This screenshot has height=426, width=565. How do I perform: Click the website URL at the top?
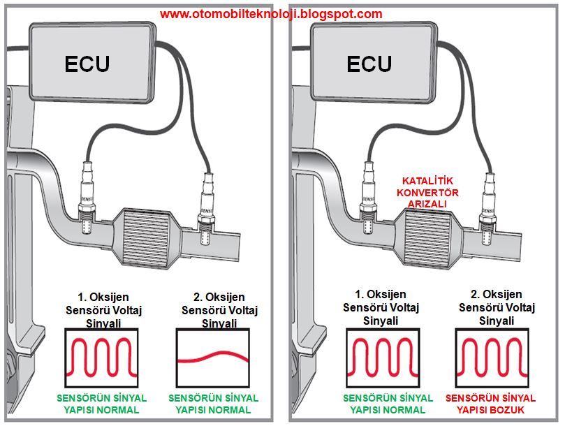click(x=271, y=14)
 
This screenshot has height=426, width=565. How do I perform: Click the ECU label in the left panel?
click(x=87, y=64)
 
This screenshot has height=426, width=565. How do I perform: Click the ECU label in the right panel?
click(x=369, y=64)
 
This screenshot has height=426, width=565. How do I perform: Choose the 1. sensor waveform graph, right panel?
click(x=381, y=356)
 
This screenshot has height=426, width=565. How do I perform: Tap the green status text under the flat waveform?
click(x=214, y=403)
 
